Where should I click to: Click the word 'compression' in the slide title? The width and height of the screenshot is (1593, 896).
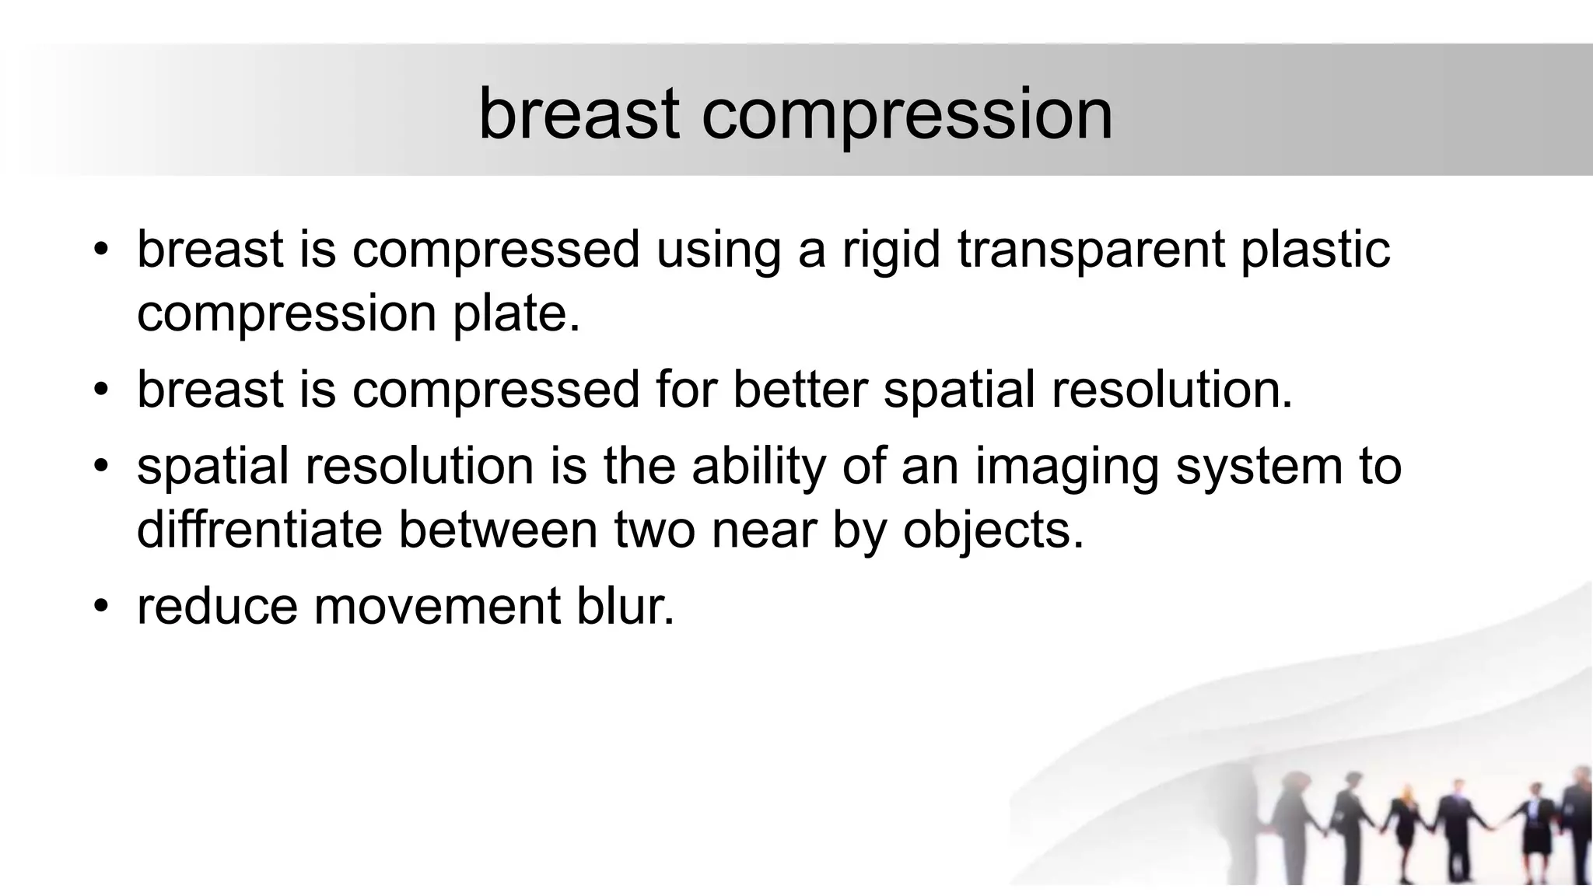(907, 115)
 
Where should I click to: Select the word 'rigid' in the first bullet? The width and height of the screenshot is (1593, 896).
(891, 250)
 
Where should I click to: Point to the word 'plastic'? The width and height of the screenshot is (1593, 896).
(1315, 250)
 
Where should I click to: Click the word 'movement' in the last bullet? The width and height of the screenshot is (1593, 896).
(436, 606)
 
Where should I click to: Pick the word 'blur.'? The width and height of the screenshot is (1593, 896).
(625, 606)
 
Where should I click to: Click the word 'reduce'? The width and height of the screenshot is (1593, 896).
(217, 607)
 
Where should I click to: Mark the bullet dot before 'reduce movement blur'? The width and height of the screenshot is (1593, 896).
(100, 606)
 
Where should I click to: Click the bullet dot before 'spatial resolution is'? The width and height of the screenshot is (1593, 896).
(100, 467)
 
